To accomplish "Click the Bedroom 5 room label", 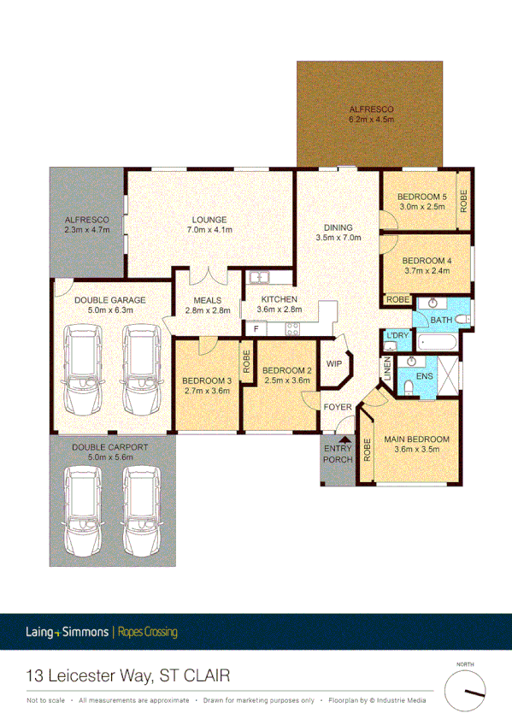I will [418, 197].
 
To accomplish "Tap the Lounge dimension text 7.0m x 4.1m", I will [210, 230].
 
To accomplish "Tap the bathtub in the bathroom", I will [436, 341].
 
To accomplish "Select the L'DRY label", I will [397, 335].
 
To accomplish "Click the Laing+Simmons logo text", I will [67, 633].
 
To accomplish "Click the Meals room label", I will [208, 301].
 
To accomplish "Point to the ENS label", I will [424, 374].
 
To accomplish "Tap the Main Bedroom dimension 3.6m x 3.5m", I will [416, 451].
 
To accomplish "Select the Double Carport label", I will [109, 447].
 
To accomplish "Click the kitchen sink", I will [258, 277].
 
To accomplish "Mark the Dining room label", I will [333, 227].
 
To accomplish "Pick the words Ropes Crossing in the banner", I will [147, 633].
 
